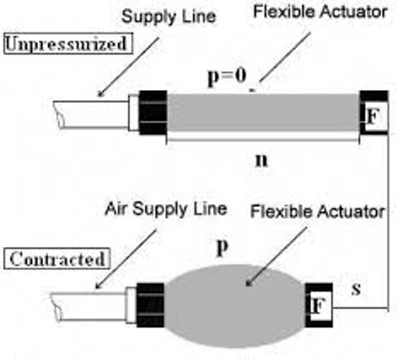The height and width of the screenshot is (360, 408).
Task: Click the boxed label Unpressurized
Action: coord(68,43)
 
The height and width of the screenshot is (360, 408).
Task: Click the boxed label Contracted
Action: coord(57,259)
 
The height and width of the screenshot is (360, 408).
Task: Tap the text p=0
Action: coord(226,77)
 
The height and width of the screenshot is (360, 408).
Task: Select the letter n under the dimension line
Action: coord(261,160)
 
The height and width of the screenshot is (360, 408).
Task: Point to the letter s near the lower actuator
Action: coord(356,289)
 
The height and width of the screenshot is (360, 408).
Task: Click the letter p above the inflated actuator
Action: coord(223,248)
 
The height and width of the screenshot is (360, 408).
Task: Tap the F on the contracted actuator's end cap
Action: coord(318,306)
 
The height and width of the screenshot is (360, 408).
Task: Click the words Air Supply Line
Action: coord(166,209)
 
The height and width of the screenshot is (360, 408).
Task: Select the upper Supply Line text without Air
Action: coord(169,17)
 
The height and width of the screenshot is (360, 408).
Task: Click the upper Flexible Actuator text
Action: coord(320,12)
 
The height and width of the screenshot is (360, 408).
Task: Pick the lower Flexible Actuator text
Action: coord(317,212)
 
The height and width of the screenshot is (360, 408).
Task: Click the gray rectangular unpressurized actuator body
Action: coord(263,112)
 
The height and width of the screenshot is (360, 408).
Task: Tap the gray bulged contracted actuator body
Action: coord(234,306)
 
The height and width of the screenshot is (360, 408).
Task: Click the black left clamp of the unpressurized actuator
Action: coord(153,113)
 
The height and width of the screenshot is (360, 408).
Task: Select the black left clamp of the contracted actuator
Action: coord(151,306)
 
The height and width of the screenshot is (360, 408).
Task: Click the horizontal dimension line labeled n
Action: coord(262,140)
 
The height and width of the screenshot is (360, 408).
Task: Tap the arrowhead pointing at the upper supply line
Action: coord(101,93)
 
